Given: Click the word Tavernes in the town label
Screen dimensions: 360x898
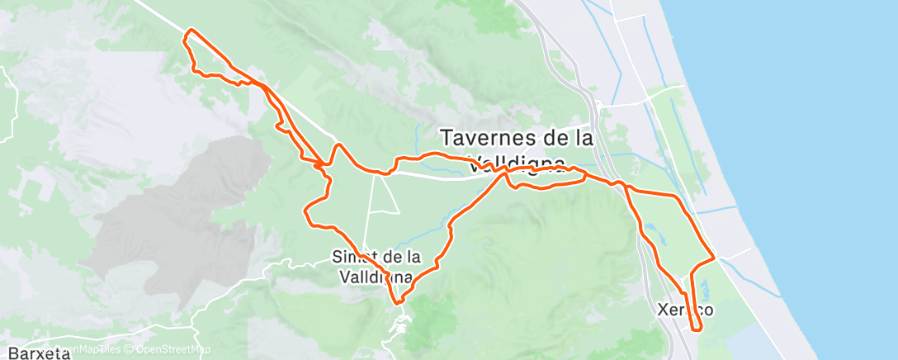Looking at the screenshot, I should tap(486, 136).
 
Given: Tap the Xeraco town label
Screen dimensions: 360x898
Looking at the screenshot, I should tap(684, 310).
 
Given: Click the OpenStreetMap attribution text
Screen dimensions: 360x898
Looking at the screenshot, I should tap(173, 349).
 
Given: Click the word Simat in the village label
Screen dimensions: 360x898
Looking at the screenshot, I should tap(354, 256).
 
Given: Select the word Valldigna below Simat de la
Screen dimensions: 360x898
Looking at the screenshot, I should tap(375, 277).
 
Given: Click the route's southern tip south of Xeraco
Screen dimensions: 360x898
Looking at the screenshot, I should tap(698, 329).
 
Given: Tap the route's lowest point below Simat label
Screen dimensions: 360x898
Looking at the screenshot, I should tap(398, 302).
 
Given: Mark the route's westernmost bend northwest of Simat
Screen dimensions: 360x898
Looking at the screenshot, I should tap(306, 213).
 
